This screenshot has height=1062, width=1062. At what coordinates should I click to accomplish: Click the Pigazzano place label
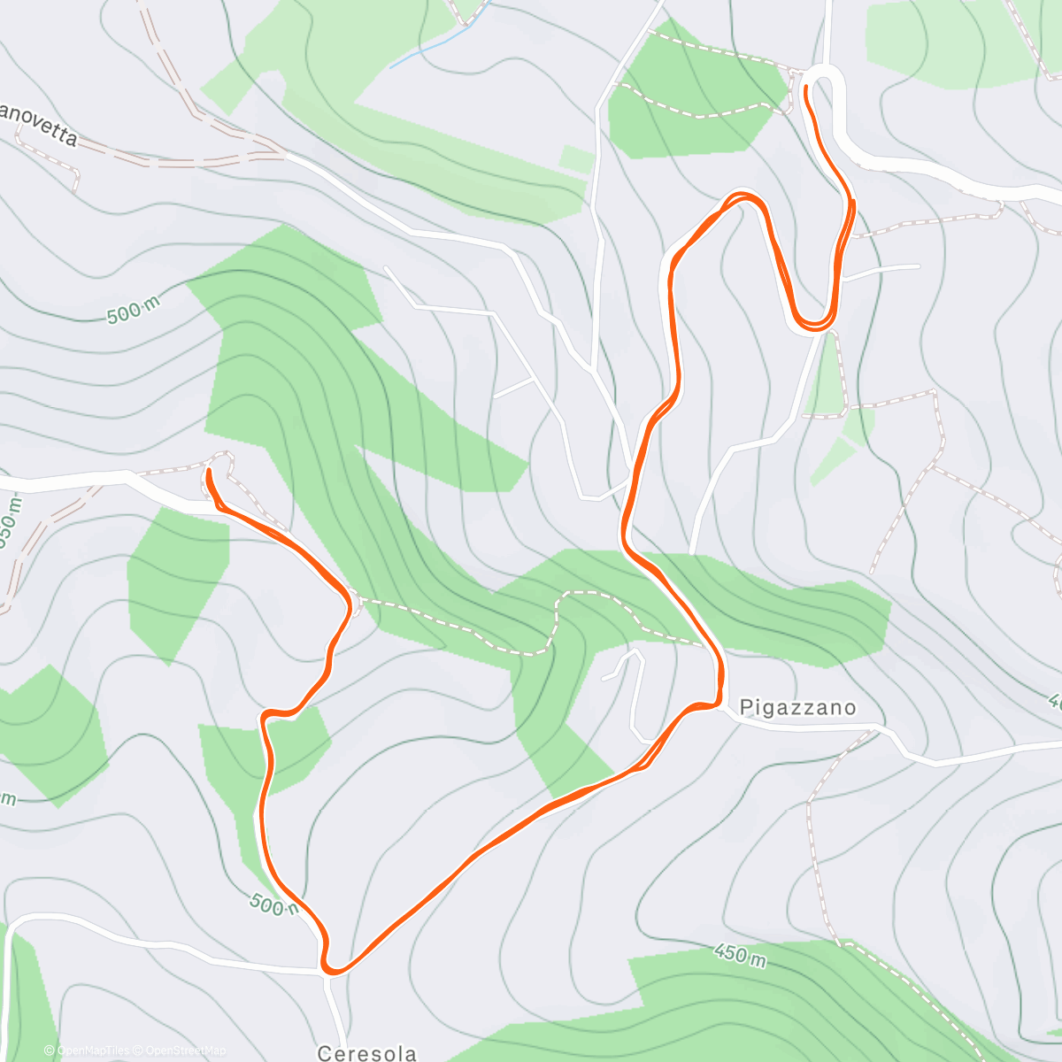coord(797,707)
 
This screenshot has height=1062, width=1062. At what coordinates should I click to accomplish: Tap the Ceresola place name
coord(366,1052)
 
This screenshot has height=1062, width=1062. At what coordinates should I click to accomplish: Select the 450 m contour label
coord(740,955)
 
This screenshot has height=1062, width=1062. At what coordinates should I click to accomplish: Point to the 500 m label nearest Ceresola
coord(273,904)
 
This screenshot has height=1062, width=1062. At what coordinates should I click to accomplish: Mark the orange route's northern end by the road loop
coord(806,88)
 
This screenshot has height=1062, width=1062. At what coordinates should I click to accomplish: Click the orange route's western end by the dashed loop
coord(209,473)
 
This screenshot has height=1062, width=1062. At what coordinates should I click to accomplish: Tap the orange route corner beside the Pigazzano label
coord(719,703)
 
